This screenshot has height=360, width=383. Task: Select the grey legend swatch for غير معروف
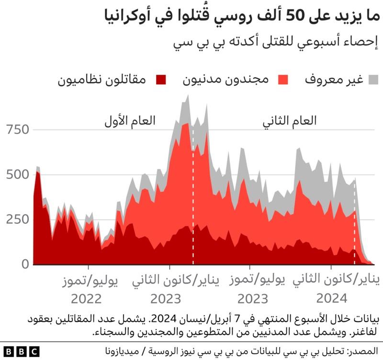click(372, 79)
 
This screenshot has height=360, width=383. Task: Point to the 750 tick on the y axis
click(19, 129)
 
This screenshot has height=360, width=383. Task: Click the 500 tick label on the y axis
click(19, 174)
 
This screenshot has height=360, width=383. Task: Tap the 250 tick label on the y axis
click(19, 219)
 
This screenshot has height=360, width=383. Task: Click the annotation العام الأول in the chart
click(130, 121)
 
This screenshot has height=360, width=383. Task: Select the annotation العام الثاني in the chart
click(290, 121)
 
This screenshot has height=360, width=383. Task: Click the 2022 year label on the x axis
click(87, 299)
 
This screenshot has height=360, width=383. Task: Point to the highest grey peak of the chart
click(187, 95)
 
